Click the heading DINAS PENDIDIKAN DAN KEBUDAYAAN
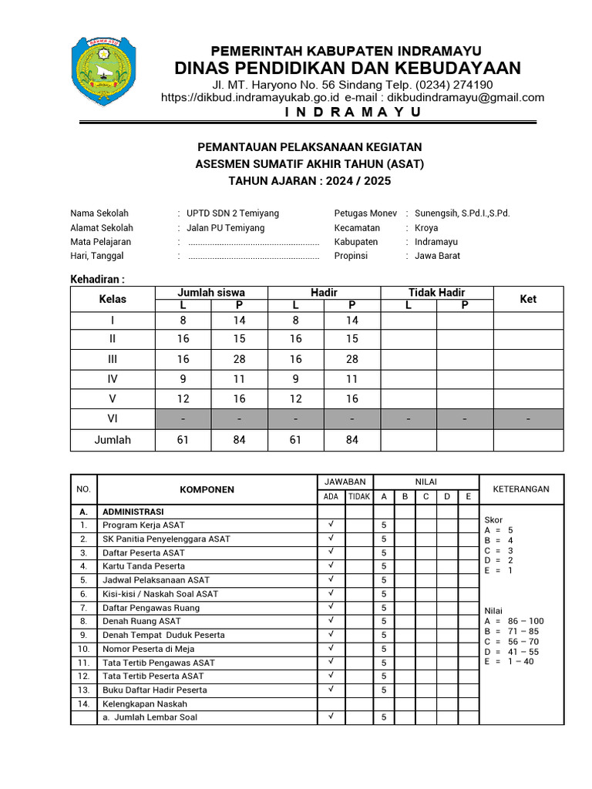click(x=348, y=67)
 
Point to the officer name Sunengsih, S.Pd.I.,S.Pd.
click(x=462, y=213)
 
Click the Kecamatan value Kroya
click(x=426, y=228)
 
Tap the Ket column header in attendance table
click(x=528, y=299)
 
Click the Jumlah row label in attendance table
click(x=113, y=440)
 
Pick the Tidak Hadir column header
click(x=436, y=293)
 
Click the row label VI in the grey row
click(x=113, y=419)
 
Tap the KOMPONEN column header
click(x=207, y=489)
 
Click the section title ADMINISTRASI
click(x=133, y=511)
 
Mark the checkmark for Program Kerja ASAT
click(x=331, y=525)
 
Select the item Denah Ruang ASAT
click(x=142, y=621)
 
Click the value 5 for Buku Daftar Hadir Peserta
click(x=383, y=690)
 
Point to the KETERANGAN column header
click(x=521, y=489)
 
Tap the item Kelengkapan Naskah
click(x=145, y=703)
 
